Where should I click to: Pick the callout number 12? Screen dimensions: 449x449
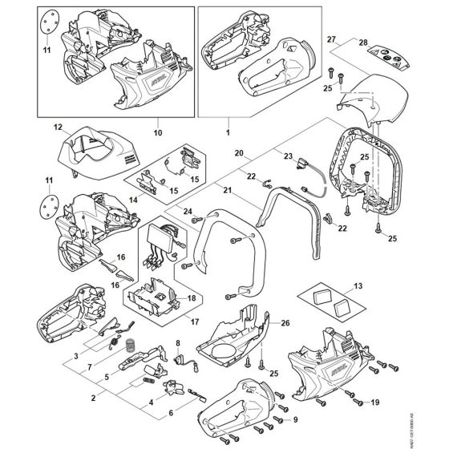(58, 127)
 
